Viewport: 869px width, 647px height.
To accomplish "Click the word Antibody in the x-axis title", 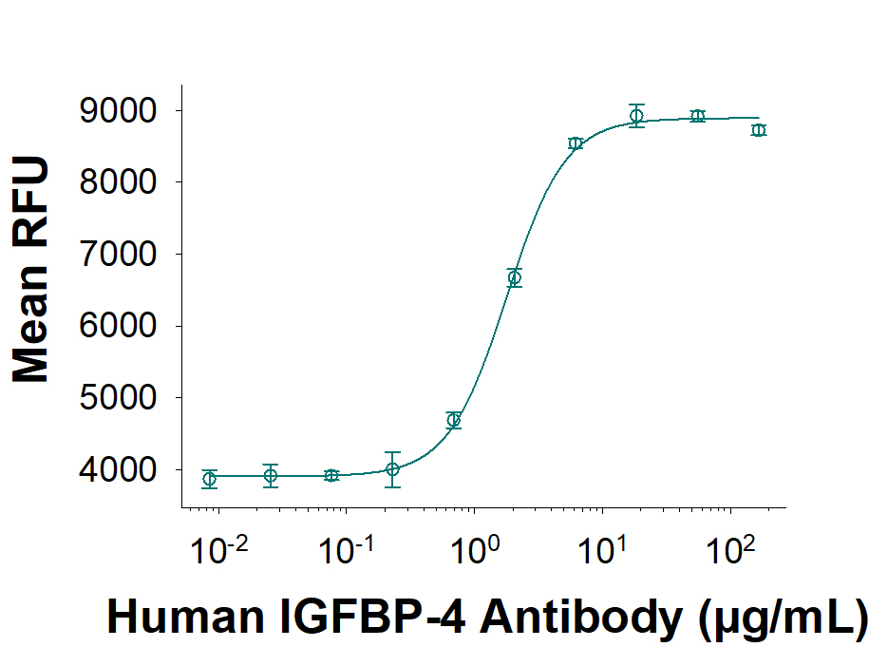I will [x=581, y=618].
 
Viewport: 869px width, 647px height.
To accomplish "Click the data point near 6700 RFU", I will [x=515, y=277].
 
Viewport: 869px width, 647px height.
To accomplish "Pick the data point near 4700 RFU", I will [x=454, y=420].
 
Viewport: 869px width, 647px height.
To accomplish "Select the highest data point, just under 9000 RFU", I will [x=636, y=116].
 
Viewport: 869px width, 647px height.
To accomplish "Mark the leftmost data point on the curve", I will [x=210, y=479].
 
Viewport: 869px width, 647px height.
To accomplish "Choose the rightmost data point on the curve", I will [x=758, y=130].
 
